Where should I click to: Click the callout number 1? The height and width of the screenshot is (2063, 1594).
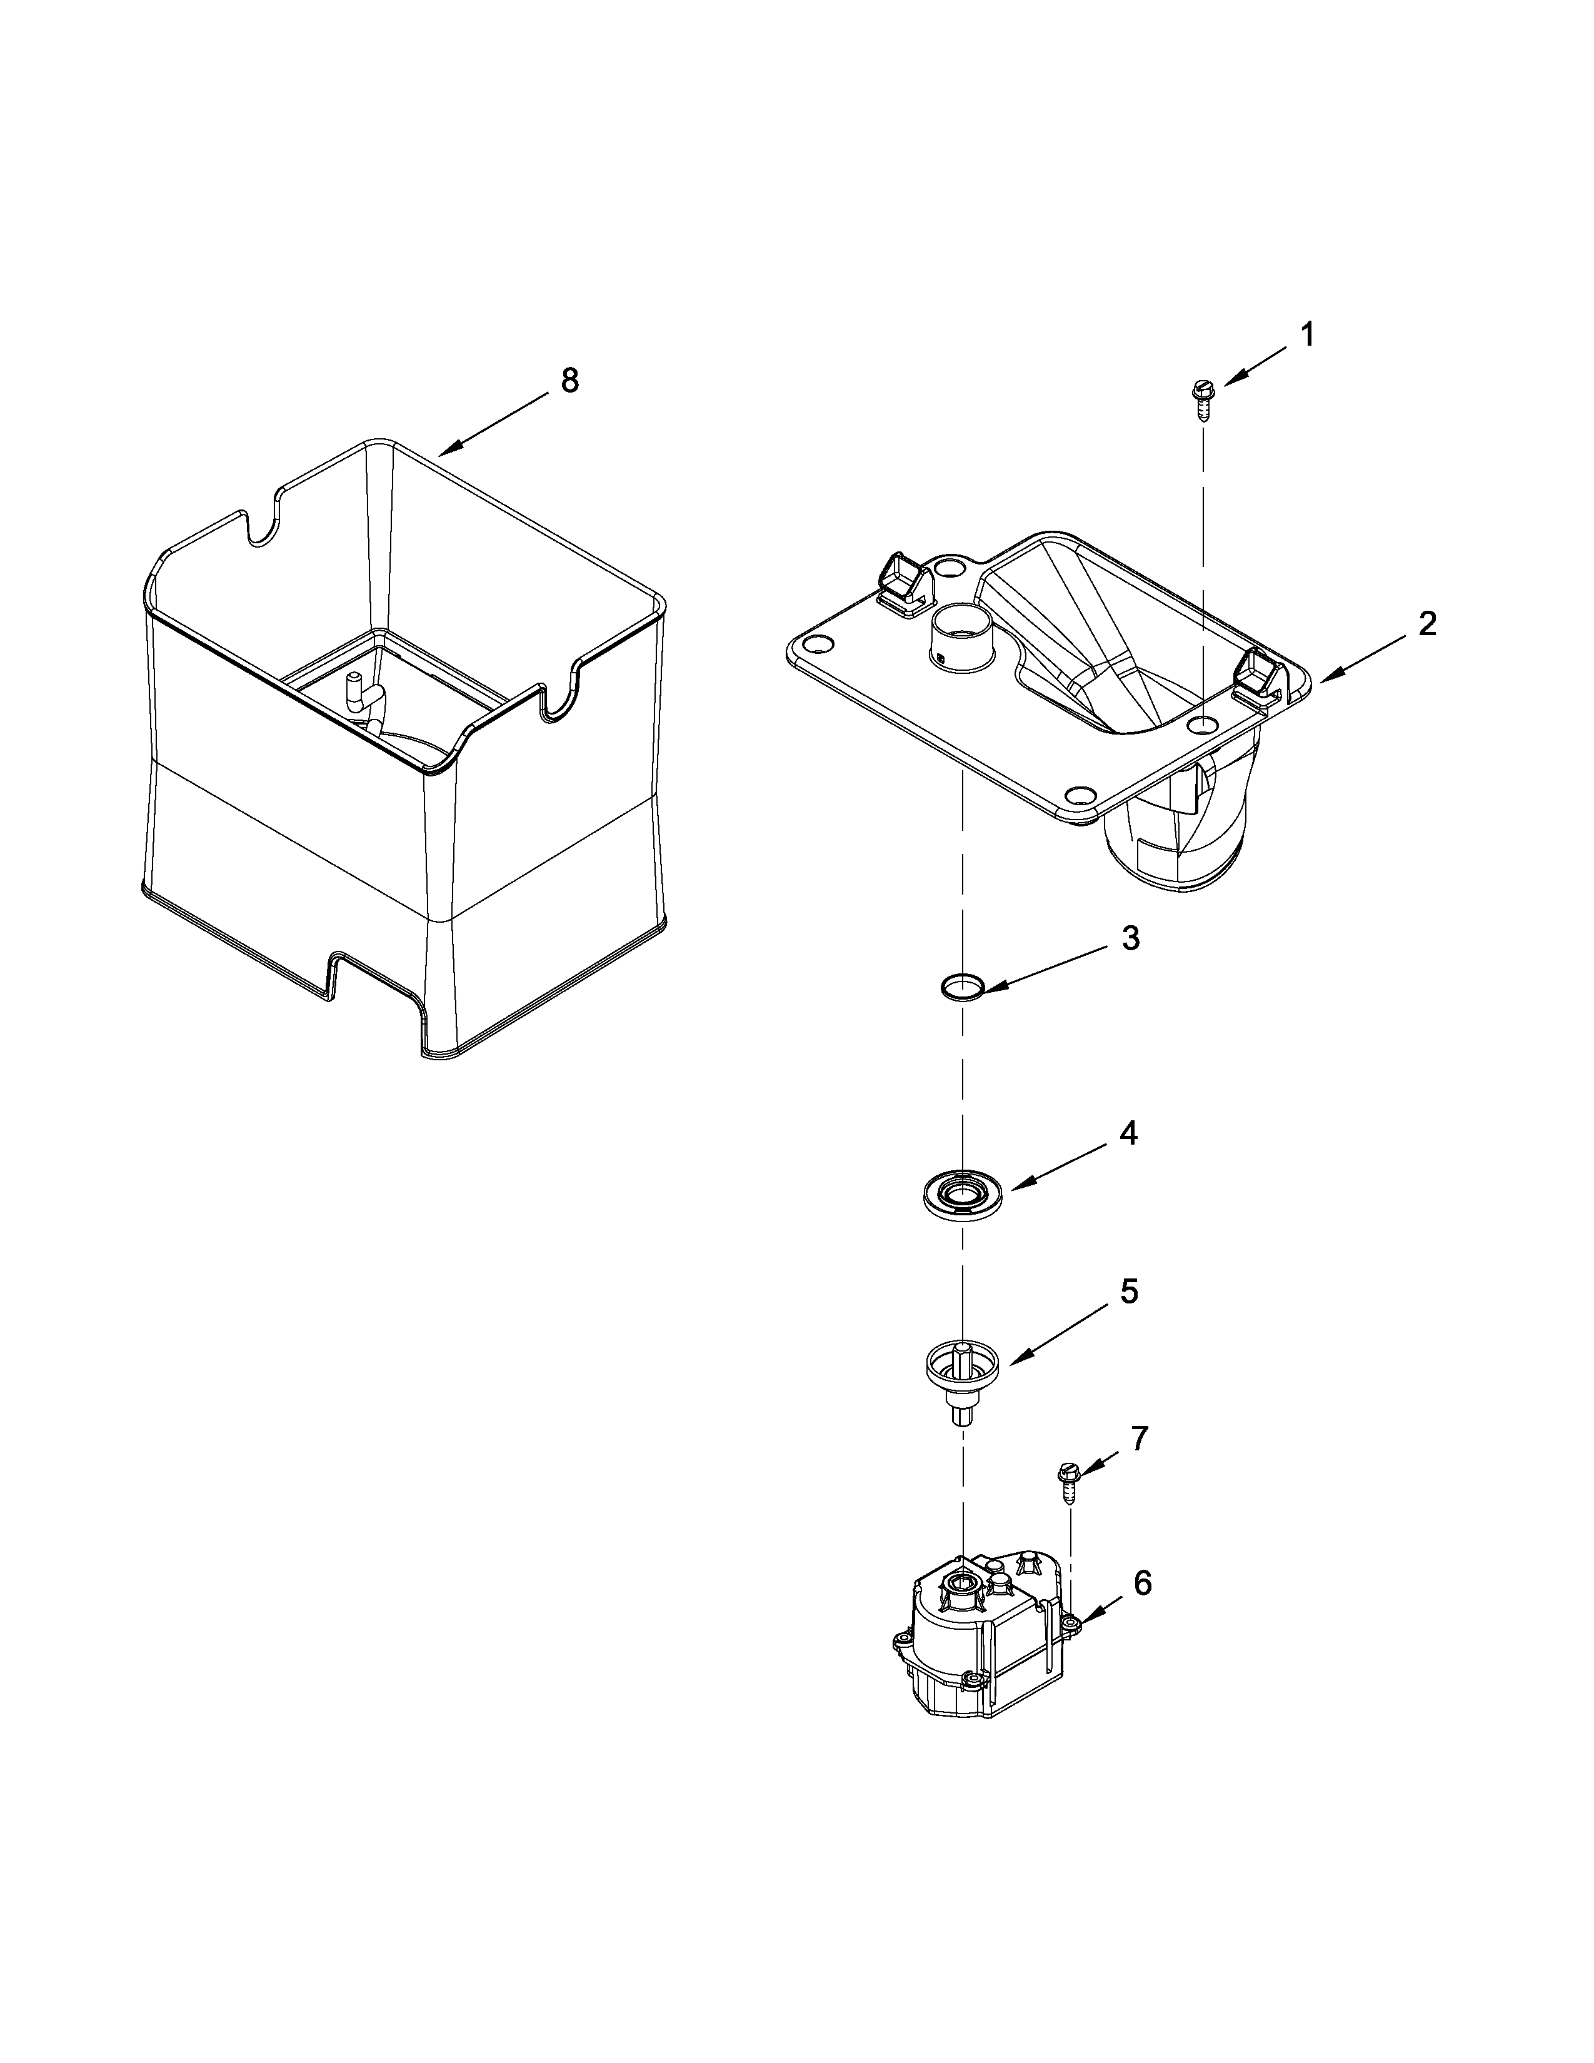(x=1307, y=335)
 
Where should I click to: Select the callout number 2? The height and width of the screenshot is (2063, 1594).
(x=1427, y=625)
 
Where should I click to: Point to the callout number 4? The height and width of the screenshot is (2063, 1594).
(x=1128, y=1133)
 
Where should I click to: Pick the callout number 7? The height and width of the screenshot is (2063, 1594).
(x=1140, y=1438)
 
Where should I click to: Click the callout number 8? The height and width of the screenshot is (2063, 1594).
(x=569, y=381)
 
